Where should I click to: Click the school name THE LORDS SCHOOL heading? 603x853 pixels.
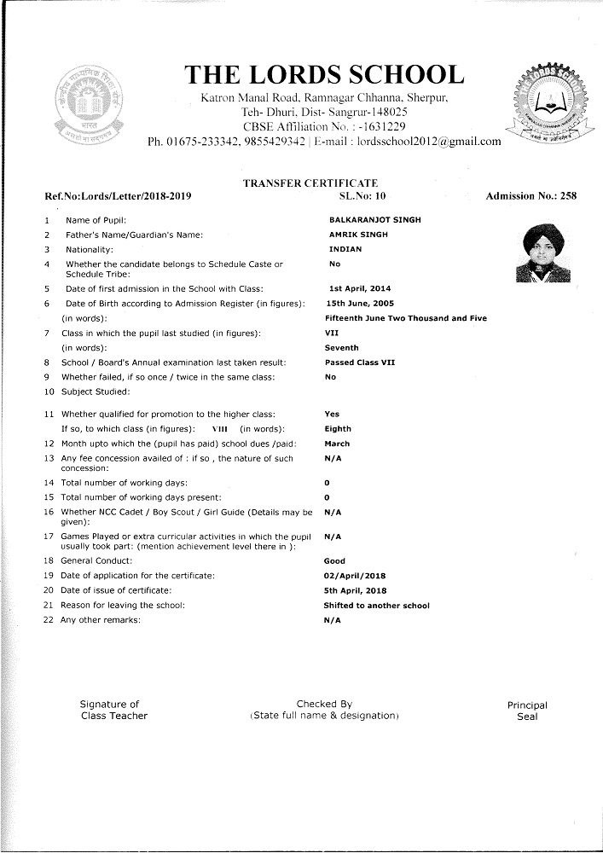325,74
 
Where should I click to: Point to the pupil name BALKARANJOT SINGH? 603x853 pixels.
374,220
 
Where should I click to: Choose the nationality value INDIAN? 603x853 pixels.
345,249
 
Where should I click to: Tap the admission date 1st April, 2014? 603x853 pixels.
361,289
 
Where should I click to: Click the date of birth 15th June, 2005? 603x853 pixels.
360,304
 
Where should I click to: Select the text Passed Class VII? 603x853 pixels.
359,363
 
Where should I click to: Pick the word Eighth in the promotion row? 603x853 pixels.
338,429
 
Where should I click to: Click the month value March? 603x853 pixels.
337,444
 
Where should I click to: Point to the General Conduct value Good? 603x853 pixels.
334,561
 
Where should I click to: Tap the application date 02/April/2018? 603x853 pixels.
355,576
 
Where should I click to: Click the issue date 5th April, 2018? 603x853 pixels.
355,590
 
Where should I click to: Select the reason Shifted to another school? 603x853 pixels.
376,606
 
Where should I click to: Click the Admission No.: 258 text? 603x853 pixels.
531,197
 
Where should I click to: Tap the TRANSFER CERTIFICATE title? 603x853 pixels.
310,183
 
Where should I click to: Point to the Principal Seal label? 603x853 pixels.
527,711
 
